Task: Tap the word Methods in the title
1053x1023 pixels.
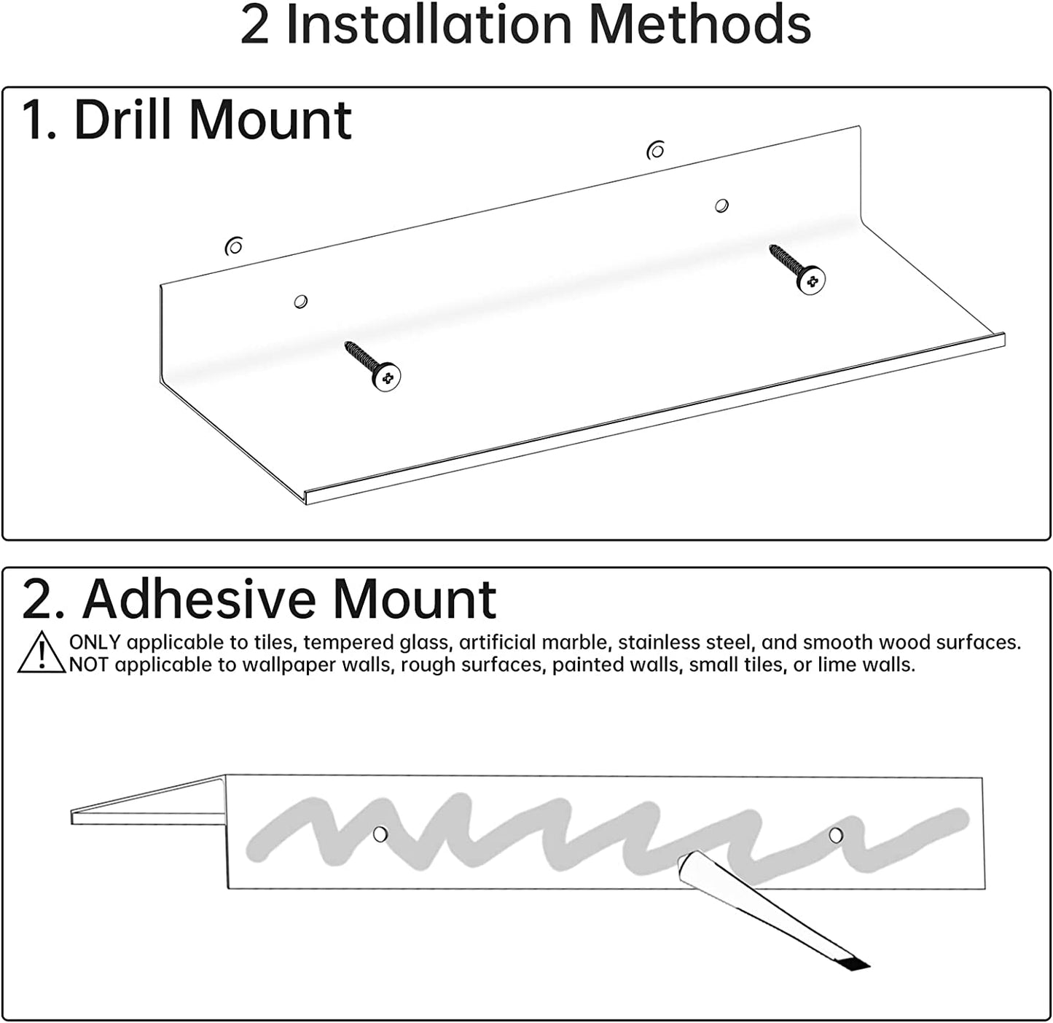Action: [x=700, y=26]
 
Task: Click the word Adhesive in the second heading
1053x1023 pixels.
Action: [x=199, y=600]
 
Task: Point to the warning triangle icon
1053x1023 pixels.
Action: [x=42, y=652]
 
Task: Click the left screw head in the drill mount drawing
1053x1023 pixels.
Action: [x=387, y=377]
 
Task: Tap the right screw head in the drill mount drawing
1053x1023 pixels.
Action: [x=811, y=281]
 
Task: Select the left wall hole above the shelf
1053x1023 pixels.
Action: [x=234, y=247]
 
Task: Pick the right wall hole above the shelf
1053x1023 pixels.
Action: [x=656, y=151]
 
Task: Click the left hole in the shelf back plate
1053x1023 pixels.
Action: [x=300, y=301]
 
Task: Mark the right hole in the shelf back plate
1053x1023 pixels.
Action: [x=721, y=205]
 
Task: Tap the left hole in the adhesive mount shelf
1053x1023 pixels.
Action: [x=380, y=833]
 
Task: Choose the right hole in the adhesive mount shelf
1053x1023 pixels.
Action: [x=836, y=835]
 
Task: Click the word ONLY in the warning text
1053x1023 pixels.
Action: [x=95, y=643]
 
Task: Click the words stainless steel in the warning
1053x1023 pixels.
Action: [x=684, y=643]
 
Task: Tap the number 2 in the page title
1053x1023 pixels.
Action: [x=254, y=26]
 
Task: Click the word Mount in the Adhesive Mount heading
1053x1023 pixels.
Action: [x=414, y=600]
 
